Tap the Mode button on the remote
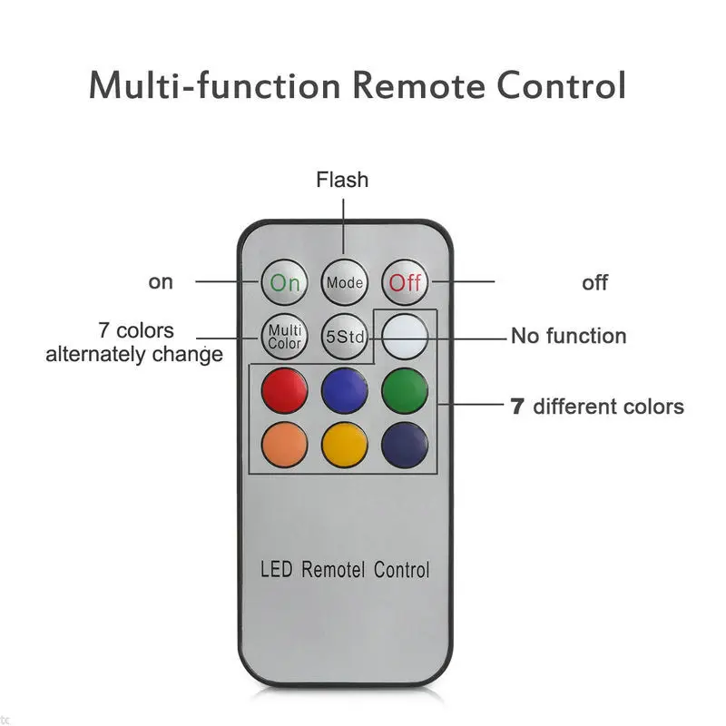click(345, 282)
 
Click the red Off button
click(405, 282)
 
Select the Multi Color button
click(284, 337)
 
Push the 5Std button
click(345, 338)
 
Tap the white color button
click(405, 337)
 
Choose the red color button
click(284, 390)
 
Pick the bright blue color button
click(345, 390)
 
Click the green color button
click(405, 390)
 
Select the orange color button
click(284, 445)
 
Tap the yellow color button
click(345, 445)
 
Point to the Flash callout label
click(342, 180)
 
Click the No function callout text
click(568, 337)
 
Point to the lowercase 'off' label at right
click(594, 282)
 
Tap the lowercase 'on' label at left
click(161, 282)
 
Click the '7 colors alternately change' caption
click(134, 342)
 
